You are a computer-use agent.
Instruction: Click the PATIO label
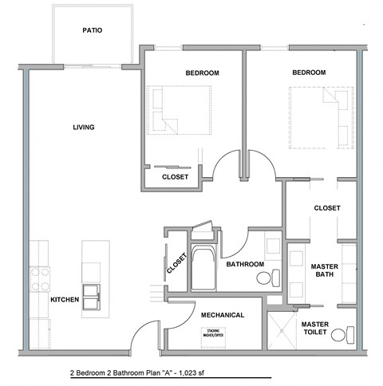pos(92,31)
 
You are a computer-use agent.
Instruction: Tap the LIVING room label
pos(84,128)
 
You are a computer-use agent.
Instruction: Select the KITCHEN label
pos(65,300)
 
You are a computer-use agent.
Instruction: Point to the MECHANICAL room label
pos(222,315)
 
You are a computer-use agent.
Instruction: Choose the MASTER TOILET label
pos(316,329)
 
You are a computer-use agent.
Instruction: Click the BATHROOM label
pos(245,263)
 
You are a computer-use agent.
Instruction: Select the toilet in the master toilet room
pos(342,335)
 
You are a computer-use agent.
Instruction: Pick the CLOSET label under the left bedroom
pos(175,177)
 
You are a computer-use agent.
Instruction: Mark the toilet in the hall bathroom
pos(266,278)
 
